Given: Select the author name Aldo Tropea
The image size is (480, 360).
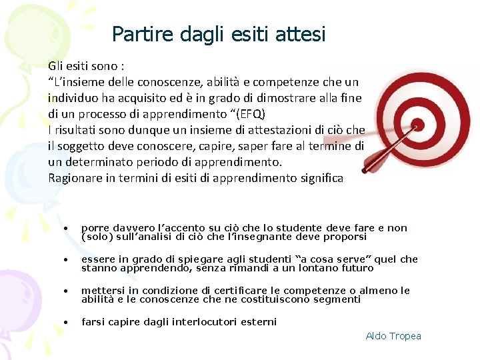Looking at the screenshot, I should pos(393,336).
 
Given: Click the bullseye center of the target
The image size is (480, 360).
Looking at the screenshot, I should pos(418,124).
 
